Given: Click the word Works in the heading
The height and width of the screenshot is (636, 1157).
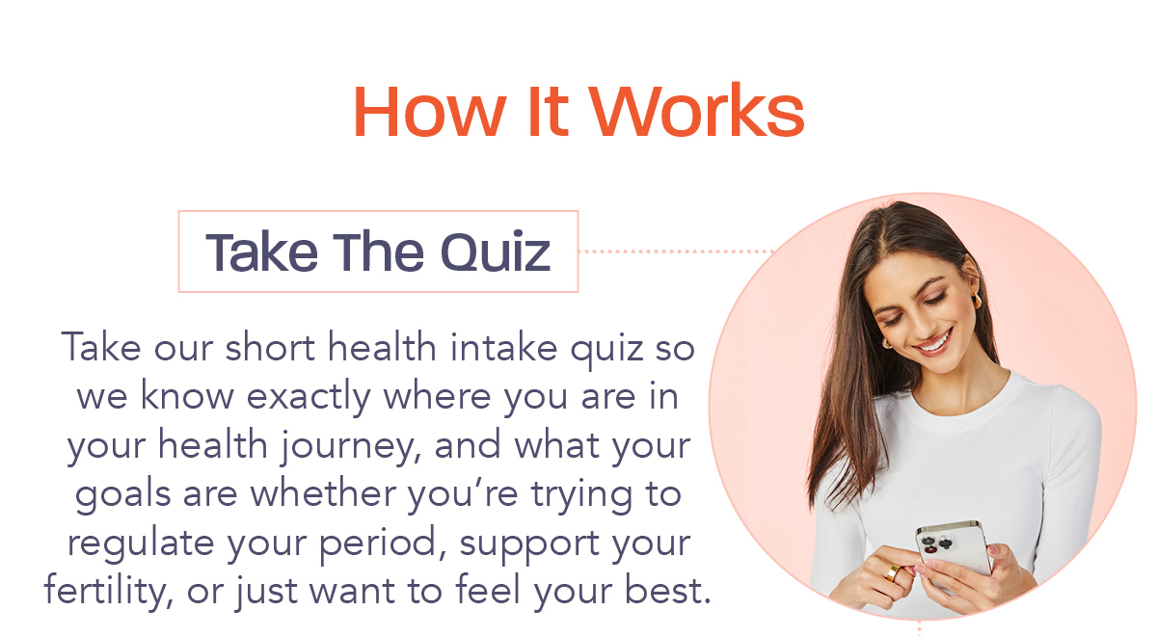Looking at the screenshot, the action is tap(697, 110).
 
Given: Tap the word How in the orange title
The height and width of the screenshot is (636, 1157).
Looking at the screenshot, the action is tap(429, 111).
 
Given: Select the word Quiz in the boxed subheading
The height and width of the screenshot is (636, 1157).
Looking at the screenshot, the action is tap(496, 252).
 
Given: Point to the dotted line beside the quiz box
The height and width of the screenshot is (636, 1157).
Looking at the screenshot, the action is tap(676, 252).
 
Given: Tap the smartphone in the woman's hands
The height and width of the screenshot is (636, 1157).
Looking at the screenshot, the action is tap(953, 548).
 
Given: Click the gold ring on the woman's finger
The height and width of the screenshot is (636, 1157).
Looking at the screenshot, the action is tap(892, 572).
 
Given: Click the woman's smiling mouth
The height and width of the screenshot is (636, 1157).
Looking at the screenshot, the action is tap(934, 342).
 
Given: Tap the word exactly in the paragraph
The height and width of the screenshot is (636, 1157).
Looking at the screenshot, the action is tap(309, 397).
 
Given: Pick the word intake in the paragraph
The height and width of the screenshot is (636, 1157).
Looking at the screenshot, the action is tap(503, 348).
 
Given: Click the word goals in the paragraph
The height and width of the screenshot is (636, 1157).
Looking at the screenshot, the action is tap(123, 494).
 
